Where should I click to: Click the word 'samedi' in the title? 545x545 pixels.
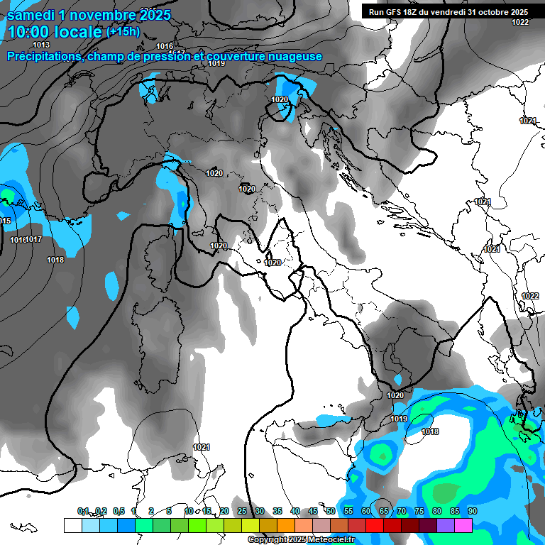point(34,14)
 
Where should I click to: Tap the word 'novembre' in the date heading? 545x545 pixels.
point(105,14)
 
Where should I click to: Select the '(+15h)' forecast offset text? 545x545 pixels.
point(123,31)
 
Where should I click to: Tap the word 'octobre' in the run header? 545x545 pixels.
point(488,12)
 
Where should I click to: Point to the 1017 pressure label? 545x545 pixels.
point(33,240)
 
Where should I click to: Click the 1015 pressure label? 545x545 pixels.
point(5,221)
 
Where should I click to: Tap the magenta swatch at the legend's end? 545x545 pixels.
point(463,525)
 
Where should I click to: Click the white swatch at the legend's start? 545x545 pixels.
point(72,525)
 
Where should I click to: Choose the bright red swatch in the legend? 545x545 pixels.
point(375,525)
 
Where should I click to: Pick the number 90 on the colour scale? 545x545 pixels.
point(472,511)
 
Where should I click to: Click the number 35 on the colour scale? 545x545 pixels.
point(277,511)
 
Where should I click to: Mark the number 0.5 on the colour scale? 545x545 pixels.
point(118,511)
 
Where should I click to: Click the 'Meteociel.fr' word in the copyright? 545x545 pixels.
point(337,540)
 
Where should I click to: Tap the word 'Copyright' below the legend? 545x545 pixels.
point(268,540)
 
